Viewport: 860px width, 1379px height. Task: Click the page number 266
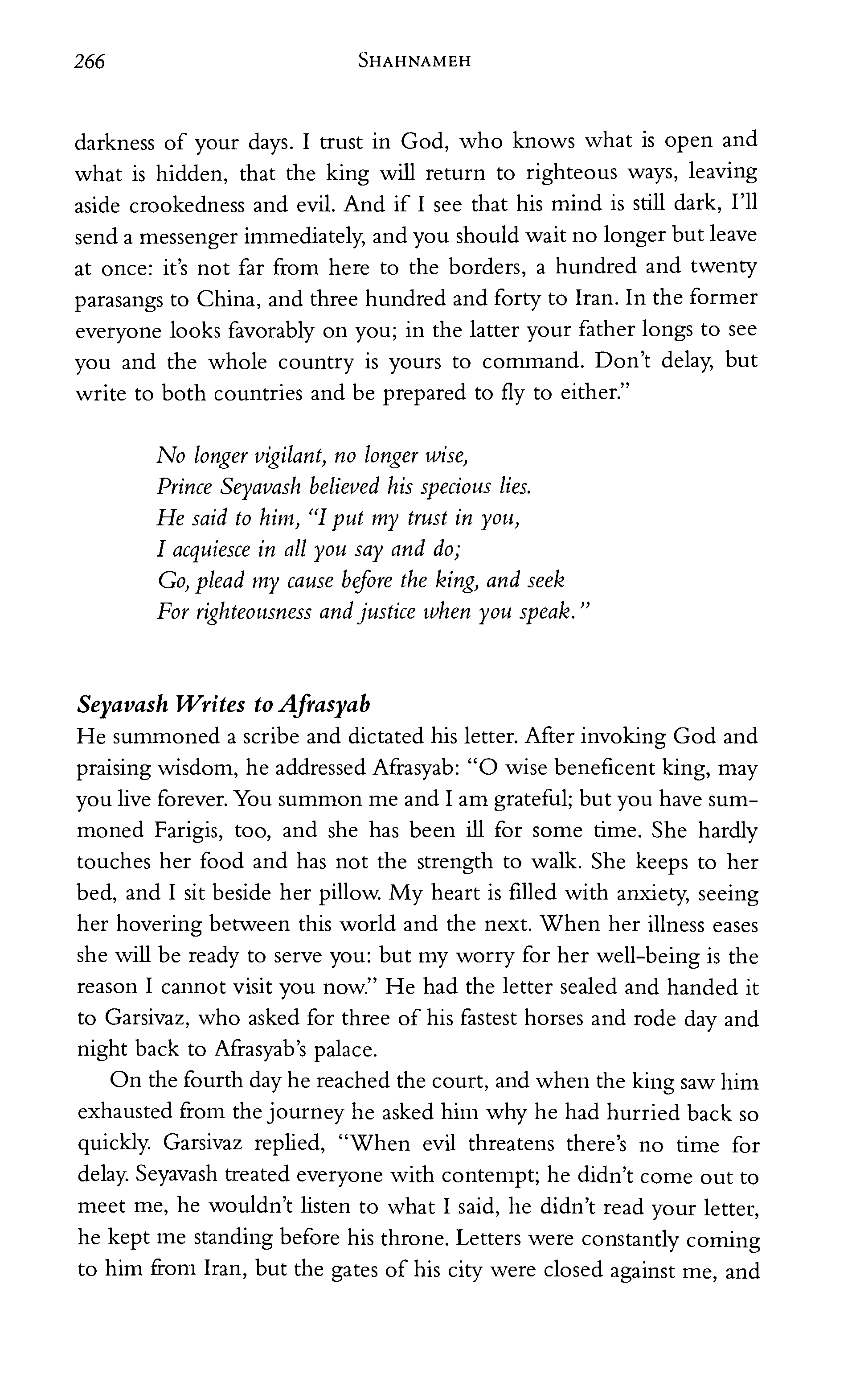tap(89, 62)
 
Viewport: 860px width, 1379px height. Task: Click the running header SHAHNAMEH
tap(415, 61)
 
